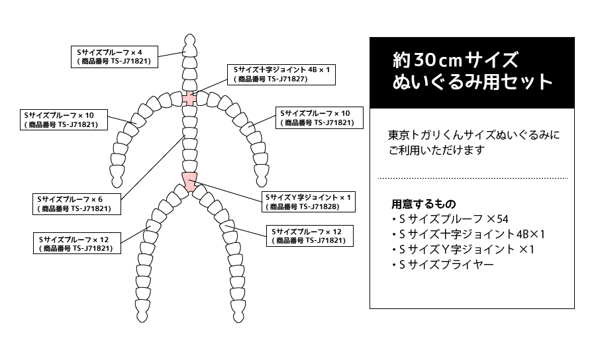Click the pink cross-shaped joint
pos(190,99)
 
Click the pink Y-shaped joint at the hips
pos(190,180)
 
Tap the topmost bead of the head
pos(190,38)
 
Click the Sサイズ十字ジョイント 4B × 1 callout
pos(281,74)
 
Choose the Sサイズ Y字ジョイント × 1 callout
pos(309,202)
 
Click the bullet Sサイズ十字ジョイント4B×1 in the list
pos(468,234)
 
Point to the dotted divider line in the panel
pos(472,179)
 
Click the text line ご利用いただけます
pos(436,150)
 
